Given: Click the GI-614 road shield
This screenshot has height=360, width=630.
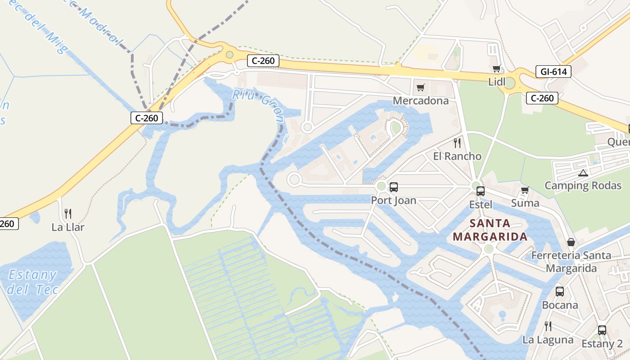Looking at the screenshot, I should click(x=553, y=71).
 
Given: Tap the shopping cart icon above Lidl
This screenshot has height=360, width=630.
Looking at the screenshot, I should click(x=496, y=69).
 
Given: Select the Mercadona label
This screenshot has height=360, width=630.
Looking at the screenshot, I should click(x=421, y=101).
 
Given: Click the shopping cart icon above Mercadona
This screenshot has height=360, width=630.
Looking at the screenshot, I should click(x=420, y=87).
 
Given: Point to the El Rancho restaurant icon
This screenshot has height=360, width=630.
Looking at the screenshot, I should click(x=457, y=143).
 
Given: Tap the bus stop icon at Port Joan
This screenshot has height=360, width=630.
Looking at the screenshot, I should click(x=394, y=187).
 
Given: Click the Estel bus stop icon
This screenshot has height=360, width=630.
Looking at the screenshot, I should click(x=481, y=191).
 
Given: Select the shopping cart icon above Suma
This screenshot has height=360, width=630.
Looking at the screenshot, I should click(x=525, y=190).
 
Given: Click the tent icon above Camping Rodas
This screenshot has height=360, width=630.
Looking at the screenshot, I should click(x=583, y=172).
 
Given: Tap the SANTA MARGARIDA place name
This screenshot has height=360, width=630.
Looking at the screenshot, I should click(x=490, y=230).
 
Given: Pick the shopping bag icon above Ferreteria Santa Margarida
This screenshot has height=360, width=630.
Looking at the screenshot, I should click(x=571, y=242).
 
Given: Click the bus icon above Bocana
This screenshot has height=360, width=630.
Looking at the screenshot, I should click(x=560, y=291).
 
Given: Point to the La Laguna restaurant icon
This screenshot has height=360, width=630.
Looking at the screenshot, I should click(x=548, y=326).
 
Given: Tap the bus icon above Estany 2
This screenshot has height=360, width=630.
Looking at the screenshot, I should click(x=602, y=330).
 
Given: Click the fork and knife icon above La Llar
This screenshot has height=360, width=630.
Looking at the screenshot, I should click(x=68, y=213).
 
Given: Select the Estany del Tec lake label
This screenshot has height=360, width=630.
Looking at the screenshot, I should click(x=32, y=282).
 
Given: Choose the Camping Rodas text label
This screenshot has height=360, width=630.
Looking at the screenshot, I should click(x=583, y=185).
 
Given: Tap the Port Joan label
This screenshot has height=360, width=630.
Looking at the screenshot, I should click(x=393, y=200).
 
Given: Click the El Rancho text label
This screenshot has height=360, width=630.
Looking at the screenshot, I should click(x=457, y=156).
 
